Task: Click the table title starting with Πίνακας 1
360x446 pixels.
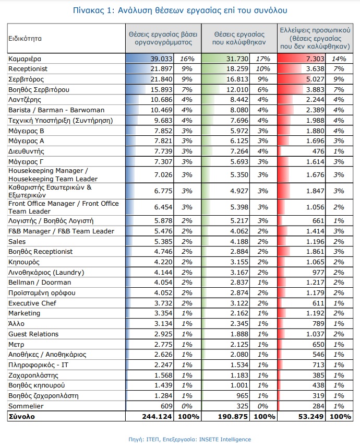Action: [180, 10]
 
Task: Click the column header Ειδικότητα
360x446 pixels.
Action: [25, 39]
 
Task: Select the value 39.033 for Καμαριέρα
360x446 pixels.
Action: [161, 58]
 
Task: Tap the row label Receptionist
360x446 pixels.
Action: [28, 69]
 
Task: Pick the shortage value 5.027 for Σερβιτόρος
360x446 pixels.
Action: [315, 79]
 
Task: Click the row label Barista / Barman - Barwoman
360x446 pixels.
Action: [56, 110]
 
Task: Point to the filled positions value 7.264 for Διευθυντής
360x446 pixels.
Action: [239, 151]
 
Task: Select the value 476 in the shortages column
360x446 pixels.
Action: [318, 151]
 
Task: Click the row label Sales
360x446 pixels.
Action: [17, 241]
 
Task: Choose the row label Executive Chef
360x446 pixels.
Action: [32, 303]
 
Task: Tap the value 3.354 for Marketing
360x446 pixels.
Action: [163, 313]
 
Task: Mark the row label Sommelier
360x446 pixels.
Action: [26, 406]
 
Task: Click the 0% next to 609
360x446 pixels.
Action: [187, 406]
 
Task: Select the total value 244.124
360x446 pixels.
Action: [157, 417]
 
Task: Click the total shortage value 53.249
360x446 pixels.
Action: [311, 417]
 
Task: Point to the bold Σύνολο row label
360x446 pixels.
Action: [21, 417]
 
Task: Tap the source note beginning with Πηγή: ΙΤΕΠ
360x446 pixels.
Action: [189, 439]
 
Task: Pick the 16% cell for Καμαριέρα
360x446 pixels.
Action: [187, 58]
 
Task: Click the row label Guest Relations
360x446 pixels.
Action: [33, 334]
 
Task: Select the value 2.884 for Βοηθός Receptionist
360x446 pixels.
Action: [239, 251]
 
